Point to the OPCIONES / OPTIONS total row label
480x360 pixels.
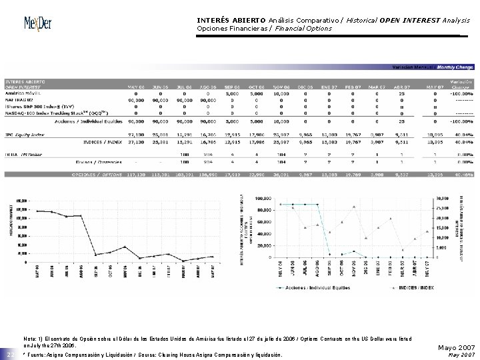[x=96, y=174]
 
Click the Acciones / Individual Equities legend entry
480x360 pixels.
[x=313, y=289]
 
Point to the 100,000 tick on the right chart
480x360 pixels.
[x=263, y=198]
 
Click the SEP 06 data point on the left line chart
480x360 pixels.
[x=95, y=254]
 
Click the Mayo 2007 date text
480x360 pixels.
[x=455, y=347]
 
